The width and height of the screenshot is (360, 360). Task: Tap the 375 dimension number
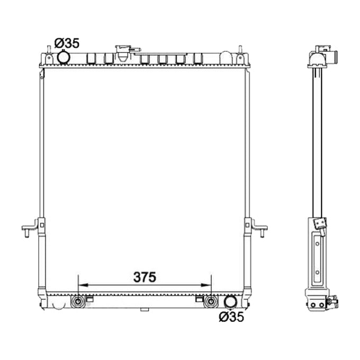[145, 277]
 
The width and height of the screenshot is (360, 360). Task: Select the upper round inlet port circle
[64, 57]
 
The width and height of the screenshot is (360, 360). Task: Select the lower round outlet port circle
[230, 302]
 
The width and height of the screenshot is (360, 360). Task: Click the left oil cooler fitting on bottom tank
[78, 302]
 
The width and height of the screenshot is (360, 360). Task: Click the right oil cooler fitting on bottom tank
[211, 302]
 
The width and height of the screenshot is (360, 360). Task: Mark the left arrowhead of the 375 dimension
[80, 286]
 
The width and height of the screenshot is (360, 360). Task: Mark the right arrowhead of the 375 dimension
[209, 286]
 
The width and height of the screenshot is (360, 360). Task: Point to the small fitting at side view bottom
[333, 302]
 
